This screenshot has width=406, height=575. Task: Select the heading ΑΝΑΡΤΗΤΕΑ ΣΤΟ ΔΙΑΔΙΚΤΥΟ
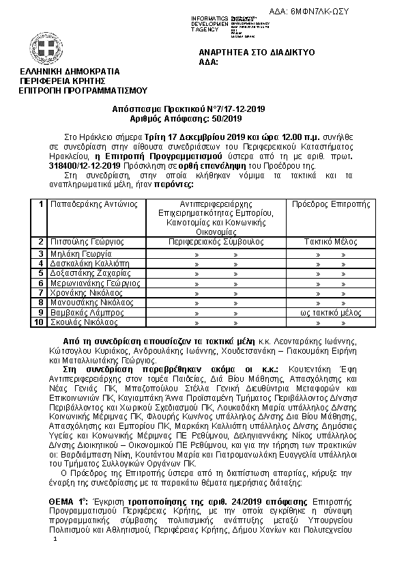coord(256,52)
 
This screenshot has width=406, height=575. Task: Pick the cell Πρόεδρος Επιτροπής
coord(330,204)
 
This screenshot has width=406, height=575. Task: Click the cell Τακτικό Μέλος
coord(331,242)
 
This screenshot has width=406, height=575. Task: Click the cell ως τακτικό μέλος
coord(331,311)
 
